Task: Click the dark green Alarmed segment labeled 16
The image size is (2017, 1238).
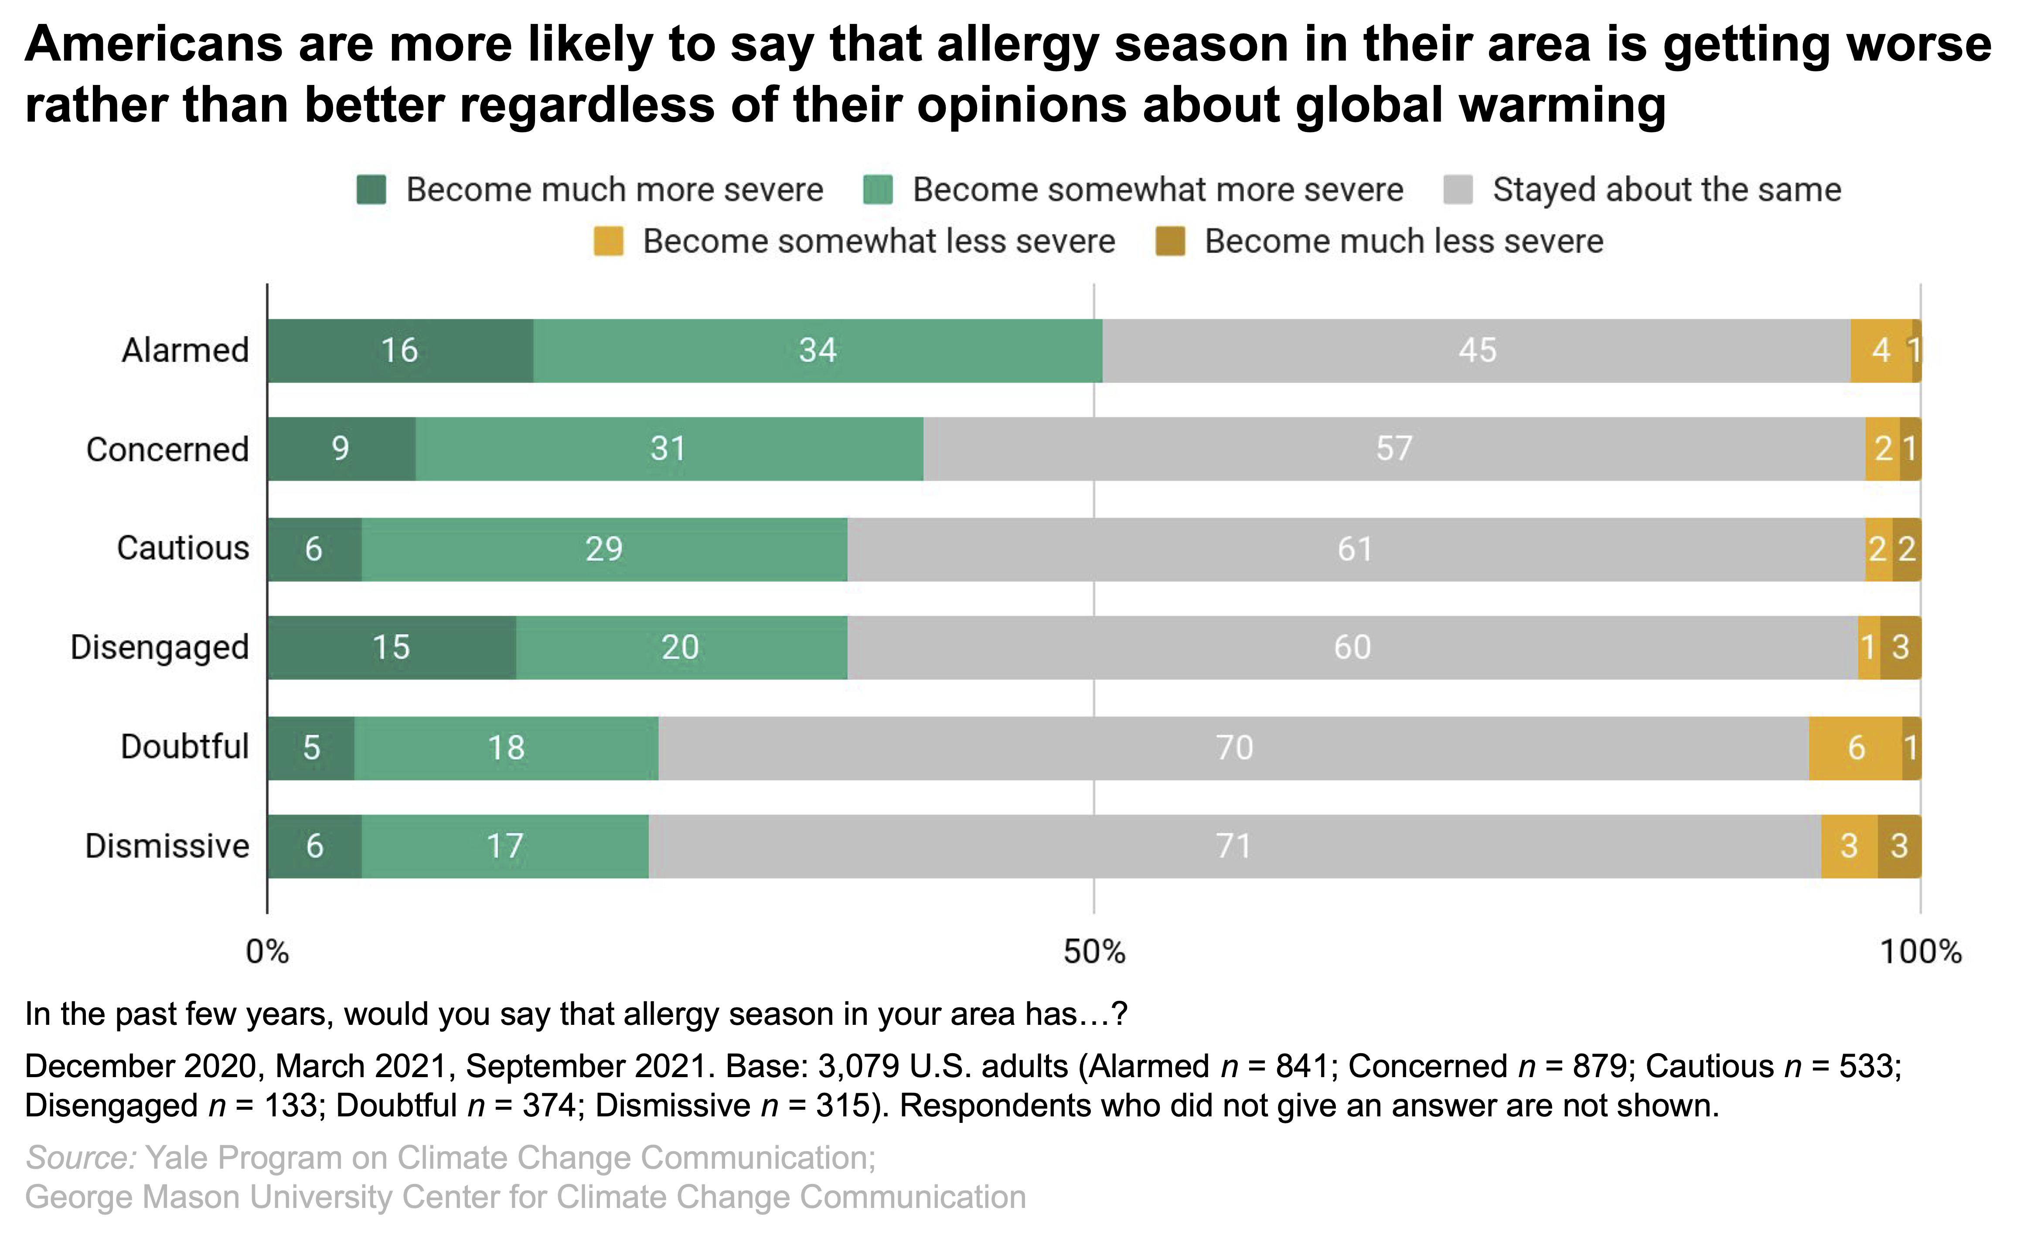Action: pos(400,350)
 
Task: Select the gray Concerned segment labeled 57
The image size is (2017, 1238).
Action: pos(1394,449)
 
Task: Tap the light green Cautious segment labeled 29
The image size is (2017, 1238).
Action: pos(604,548)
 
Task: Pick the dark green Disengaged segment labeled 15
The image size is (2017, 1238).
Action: pos(392,647)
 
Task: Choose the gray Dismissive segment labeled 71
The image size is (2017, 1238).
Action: pos(1234,846)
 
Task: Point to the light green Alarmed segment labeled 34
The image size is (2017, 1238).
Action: pos(817,350)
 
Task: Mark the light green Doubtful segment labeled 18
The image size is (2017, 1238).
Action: pos(506,748)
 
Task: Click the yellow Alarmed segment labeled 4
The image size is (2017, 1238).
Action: pos(1880,350)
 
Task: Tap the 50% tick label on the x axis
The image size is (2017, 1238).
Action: pos(1094,952)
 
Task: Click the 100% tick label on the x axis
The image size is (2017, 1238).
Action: pos(1920,952)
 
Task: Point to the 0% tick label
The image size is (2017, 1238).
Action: pos(268,952)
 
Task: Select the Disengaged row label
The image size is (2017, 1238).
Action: pos(160,647)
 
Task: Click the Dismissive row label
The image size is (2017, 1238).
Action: pos(167,846)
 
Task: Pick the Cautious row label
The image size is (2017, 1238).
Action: pos(183,548)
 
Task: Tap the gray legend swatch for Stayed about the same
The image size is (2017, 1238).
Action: pos(1458,190)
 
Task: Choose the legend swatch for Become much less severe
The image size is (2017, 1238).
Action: pos(1169,241)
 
